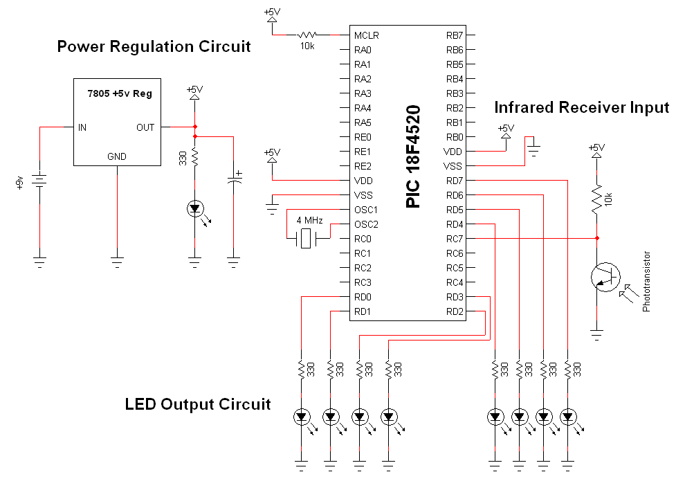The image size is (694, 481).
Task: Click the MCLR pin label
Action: click(x=366, y=35)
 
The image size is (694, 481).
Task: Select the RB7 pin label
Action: click(x=455, y=35)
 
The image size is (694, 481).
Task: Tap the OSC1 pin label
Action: click(x=366, y=210)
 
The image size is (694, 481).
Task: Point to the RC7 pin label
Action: click(x=455, y=239)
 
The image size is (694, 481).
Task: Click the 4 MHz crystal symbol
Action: click(x=305, y=239)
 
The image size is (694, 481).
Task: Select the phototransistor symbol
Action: click(x=604, y=277)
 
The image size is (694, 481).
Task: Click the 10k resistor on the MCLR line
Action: click(x=307, y=35)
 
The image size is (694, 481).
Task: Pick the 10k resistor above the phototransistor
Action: click(x=596, y=199)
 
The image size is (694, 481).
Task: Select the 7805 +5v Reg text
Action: click(x=120, y=93)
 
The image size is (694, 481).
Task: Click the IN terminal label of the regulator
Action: click(x=83, y=127)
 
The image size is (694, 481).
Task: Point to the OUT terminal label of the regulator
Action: click(x=145, y=127)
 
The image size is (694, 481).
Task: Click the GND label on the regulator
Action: click(x=117, y=156)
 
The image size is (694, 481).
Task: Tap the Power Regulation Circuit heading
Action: click(x=154, y=47)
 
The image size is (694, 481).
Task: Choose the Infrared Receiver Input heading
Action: click(x=581, y=107)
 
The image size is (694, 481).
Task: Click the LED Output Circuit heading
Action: click(x=198, y=404)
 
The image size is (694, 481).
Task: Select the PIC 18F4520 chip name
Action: click(x=413, y=156)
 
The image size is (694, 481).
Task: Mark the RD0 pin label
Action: click(x=363, y=297)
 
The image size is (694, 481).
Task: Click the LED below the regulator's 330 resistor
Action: click(x=195, y=207)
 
